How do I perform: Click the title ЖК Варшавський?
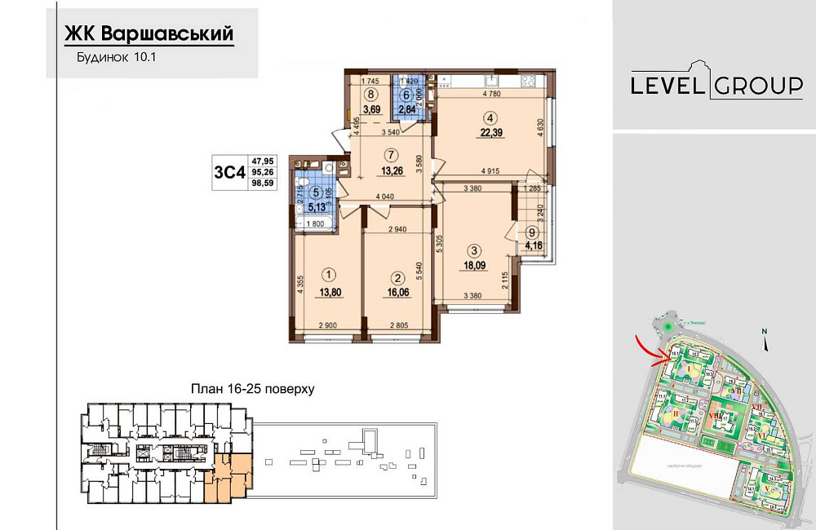tap(149, 33)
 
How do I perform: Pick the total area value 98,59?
tap(263, 185)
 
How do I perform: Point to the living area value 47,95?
tap(263, 161)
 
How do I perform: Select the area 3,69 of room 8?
tap(372, 108)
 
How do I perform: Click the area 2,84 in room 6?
tap(406, 108)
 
